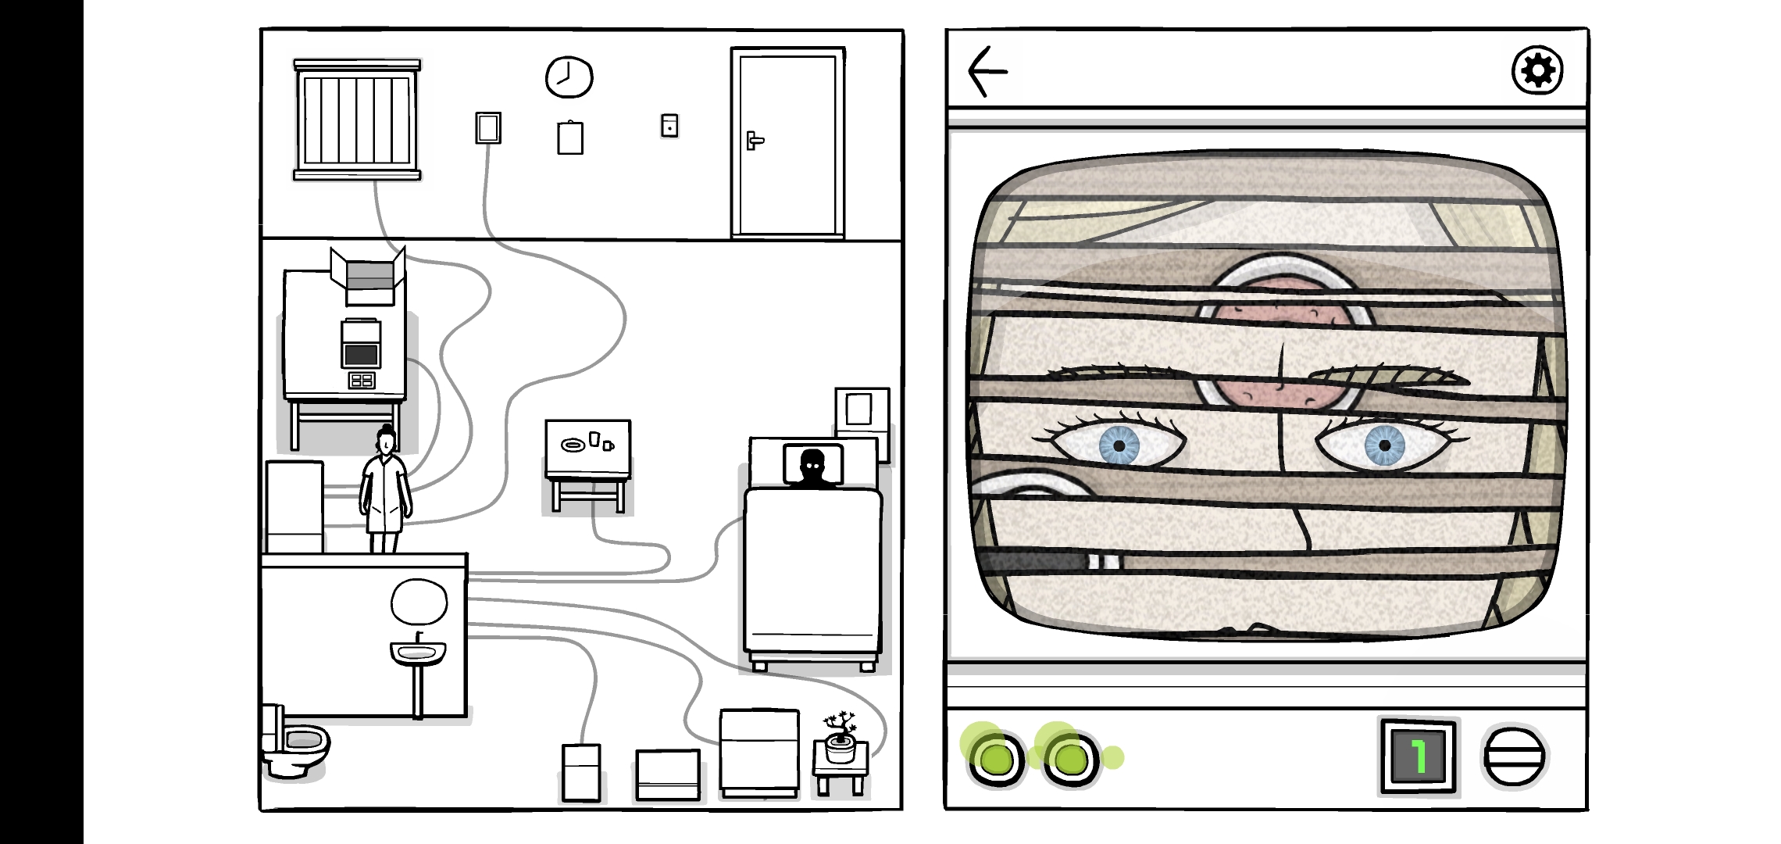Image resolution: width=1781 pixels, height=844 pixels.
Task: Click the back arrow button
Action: pos(987,71)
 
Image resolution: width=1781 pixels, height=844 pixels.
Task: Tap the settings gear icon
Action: pos(1537,71)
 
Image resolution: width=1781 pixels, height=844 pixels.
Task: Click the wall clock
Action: pos(569,77)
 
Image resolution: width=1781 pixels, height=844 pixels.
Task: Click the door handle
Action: pos(754,141)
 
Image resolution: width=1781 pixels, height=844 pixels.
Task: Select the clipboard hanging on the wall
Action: pos(569,138)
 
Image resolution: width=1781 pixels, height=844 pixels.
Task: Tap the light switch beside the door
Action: pos(669,126)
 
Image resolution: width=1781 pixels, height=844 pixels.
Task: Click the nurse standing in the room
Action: pos(385,492)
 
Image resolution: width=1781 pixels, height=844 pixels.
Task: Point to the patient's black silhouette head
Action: pos(812,465)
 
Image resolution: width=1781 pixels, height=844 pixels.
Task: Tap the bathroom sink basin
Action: pos(418,651)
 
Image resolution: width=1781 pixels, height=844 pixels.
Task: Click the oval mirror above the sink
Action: pos(419,602)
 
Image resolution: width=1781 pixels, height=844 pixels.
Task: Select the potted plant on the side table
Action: pos(840,736)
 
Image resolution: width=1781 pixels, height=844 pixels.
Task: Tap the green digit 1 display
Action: pos(1418,756)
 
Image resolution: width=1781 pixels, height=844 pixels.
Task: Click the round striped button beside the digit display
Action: pos(1513,756)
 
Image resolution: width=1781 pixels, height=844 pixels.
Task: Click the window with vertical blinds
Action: pos(357,120)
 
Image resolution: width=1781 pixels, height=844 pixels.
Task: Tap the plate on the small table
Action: pos(573,445)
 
